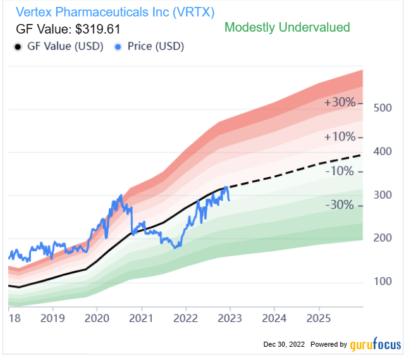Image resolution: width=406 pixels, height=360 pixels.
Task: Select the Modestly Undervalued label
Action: [287, 27]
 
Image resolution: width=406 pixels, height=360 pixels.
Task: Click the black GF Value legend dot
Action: [18, 47]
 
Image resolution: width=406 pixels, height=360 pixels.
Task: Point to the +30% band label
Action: [340, 102]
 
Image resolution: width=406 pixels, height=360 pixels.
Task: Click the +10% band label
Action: [340, 137]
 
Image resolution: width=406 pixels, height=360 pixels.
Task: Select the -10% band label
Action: [340, 171]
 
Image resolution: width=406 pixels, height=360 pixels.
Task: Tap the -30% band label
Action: [340, 205]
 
